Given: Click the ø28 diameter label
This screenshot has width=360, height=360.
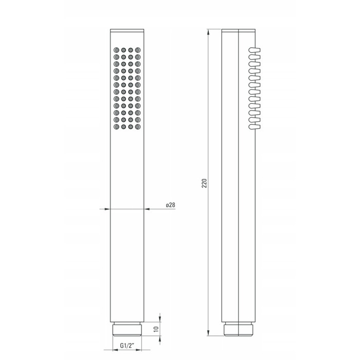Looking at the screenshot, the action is (171, 205).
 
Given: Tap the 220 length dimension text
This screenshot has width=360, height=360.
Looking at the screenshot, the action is (204, 183).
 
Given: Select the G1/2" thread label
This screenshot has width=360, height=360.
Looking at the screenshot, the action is (127, 345).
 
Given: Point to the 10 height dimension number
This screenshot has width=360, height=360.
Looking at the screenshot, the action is (156, 329).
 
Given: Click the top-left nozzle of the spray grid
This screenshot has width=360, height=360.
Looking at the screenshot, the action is (116, 50).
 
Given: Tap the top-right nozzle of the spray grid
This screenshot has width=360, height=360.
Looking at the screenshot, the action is (138, 50).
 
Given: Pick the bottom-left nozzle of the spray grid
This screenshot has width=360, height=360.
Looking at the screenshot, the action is (116, 127).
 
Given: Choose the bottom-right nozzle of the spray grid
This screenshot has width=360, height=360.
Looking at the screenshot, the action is (138, 127).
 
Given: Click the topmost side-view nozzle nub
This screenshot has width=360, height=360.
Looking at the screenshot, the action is (254, 50).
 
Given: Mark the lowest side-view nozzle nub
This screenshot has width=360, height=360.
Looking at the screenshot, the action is (254, 127).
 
